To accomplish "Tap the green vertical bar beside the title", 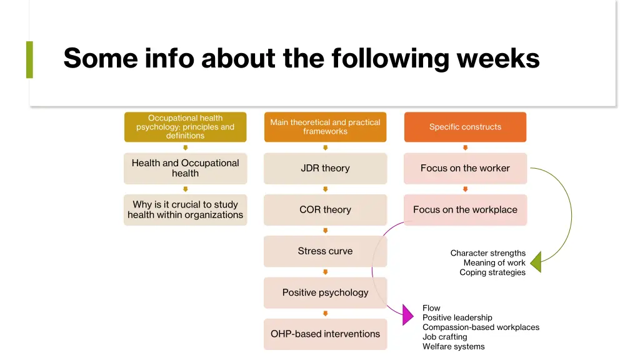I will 29,59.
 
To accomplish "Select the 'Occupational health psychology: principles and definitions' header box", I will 185,127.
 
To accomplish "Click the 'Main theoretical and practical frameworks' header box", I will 325,127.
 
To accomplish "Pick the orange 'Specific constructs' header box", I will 465,127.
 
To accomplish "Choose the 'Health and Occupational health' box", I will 185,168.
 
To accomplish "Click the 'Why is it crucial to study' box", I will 185,209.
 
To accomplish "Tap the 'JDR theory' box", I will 325,168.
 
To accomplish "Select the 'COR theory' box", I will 325,209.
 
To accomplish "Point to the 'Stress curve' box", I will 325,251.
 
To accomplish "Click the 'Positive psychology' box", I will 325,292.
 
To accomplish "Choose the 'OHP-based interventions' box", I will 325,334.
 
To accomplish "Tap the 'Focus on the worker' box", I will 465,168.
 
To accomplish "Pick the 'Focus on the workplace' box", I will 465,209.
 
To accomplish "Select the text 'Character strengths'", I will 487,253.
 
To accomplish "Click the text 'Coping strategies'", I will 492,272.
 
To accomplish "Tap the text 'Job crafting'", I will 444,337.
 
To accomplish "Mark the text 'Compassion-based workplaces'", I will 481,327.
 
